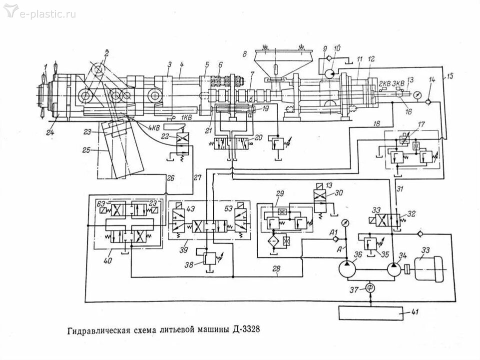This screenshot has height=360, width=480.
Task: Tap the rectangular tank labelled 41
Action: click(x=371, y=313)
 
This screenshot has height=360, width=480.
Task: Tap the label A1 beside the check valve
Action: click(x=333, y=232)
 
